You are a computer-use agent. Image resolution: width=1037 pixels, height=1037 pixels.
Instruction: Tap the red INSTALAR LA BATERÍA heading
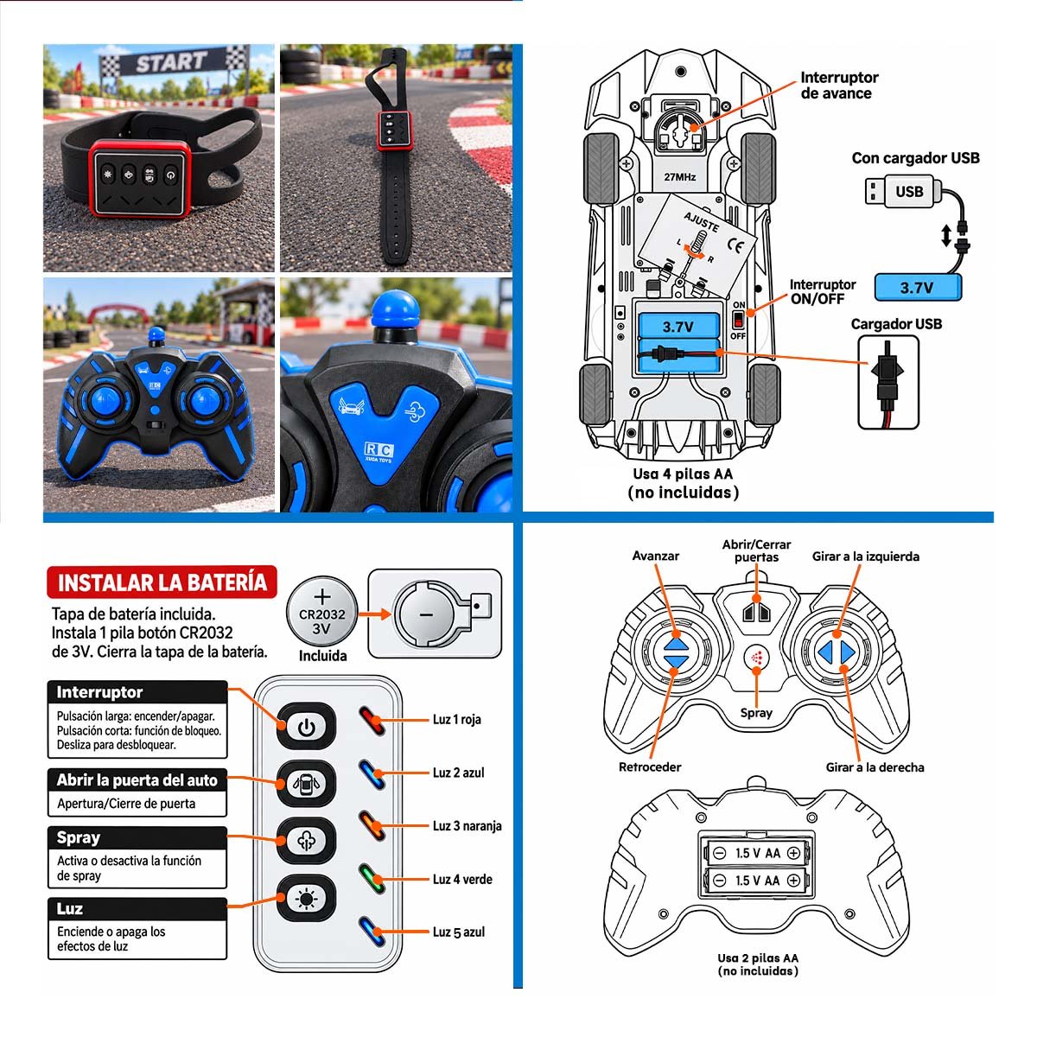pyautogui.click(x=162, y=582)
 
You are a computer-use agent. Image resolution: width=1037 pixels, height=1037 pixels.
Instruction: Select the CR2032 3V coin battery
pyautogui.click(x=321, y=612)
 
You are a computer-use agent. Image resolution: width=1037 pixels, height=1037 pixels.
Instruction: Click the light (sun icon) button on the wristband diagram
pyautogui.click(x=306, y=899)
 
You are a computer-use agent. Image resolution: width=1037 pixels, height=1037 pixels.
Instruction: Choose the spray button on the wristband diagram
pyautogui.click(x=306, y=841)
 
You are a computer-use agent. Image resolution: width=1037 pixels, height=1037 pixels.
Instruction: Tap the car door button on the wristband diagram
pyautogui.click(x=306, y=784)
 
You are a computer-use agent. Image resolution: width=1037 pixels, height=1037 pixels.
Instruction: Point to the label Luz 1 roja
pyautogui.click(x=457, y=720)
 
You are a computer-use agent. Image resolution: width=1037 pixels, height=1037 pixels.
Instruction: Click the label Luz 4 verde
pyautogui.click(x=462, y=880)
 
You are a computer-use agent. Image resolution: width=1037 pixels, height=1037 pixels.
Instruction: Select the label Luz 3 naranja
pyautogui.click(x=468, y=826)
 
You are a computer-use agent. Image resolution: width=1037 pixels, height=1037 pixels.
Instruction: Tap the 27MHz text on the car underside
pyautogui.click(x=680, y=177)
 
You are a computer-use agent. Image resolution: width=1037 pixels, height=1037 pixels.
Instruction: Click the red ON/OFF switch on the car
pyautogui.click(x=738, y=321)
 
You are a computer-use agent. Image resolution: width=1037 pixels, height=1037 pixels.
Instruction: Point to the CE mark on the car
pyautogui.click(x=735, y=245)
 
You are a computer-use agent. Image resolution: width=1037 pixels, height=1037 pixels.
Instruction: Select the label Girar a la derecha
pyautogui.click(x=875, y=767)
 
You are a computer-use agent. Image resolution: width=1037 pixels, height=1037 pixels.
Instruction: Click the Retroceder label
pyautogui.click(x=650, y=767)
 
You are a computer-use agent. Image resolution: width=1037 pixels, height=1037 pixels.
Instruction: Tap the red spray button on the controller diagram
pyautogui.click(x=757, y=658)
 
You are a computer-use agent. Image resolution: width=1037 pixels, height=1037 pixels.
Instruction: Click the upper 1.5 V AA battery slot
pyautogui.click(x=756, y=853)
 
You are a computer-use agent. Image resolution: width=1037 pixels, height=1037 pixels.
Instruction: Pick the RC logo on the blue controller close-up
pyautogui.click(x=379, y=449)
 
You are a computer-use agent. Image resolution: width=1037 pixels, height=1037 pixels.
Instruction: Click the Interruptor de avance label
pyautogui.click(x=839, y=86)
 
